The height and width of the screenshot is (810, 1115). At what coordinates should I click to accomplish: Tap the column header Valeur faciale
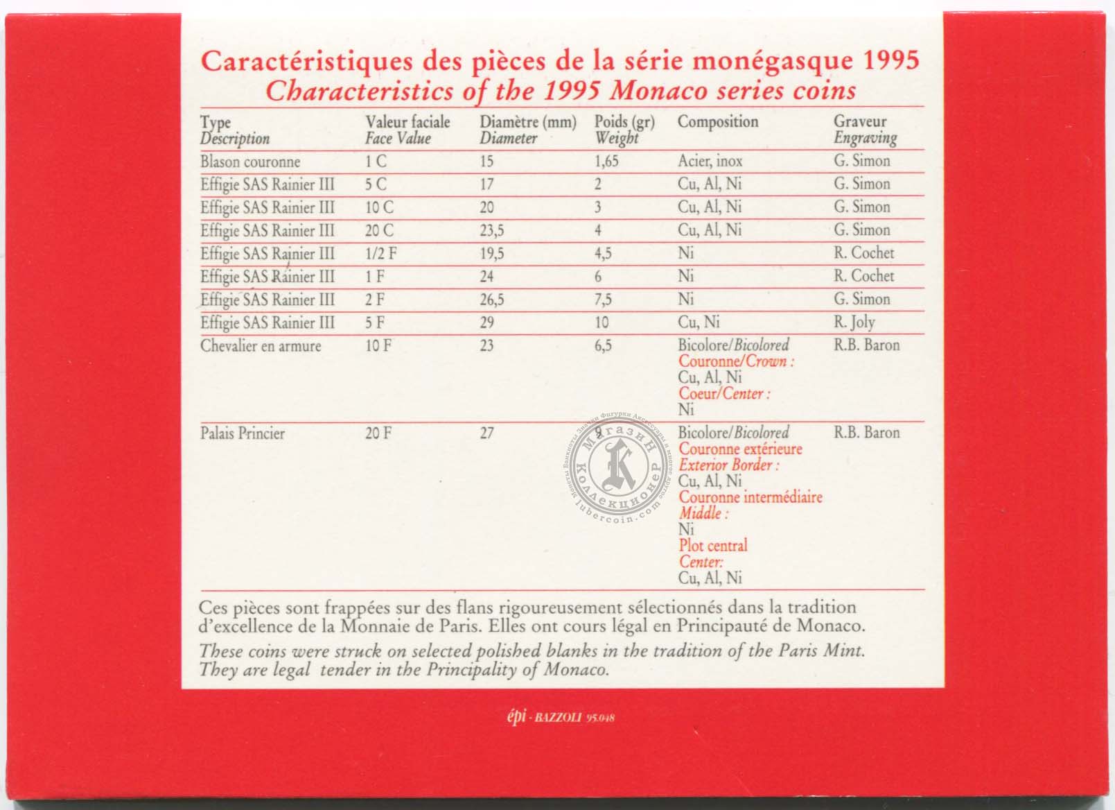click(407, 122)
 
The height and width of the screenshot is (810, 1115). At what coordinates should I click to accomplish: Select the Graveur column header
click(860, 121)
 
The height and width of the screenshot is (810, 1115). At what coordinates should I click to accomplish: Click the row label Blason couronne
click(250, 162)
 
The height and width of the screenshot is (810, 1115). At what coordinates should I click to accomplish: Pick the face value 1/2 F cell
click(381, 254)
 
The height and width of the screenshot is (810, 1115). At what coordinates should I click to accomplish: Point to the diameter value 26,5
click(491, 300)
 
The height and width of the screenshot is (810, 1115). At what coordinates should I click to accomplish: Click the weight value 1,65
click(606, 162)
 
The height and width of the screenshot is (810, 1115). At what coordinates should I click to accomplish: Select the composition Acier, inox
click(710, 162)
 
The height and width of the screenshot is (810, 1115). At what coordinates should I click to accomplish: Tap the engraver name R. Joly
click(854, 322)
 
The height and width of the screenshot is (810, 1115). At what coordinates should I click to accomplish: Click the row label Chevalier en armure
click(261, 346)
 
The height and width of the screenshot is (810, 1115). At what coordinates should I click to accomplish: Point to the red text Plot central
click(713, 546)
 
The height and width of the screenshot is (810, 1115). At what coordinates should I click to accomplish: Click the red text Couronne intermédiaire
click(750, 497)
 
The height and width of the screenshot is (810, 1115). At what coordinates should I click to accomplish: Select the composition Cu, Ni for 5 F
click(699, 322)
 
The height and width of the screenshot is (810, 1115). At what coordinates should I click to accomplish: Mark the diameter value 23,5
click(491, 231)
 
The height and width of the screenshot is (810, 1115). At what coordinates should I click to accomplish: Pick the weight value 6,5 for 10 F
click(603, 346)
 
